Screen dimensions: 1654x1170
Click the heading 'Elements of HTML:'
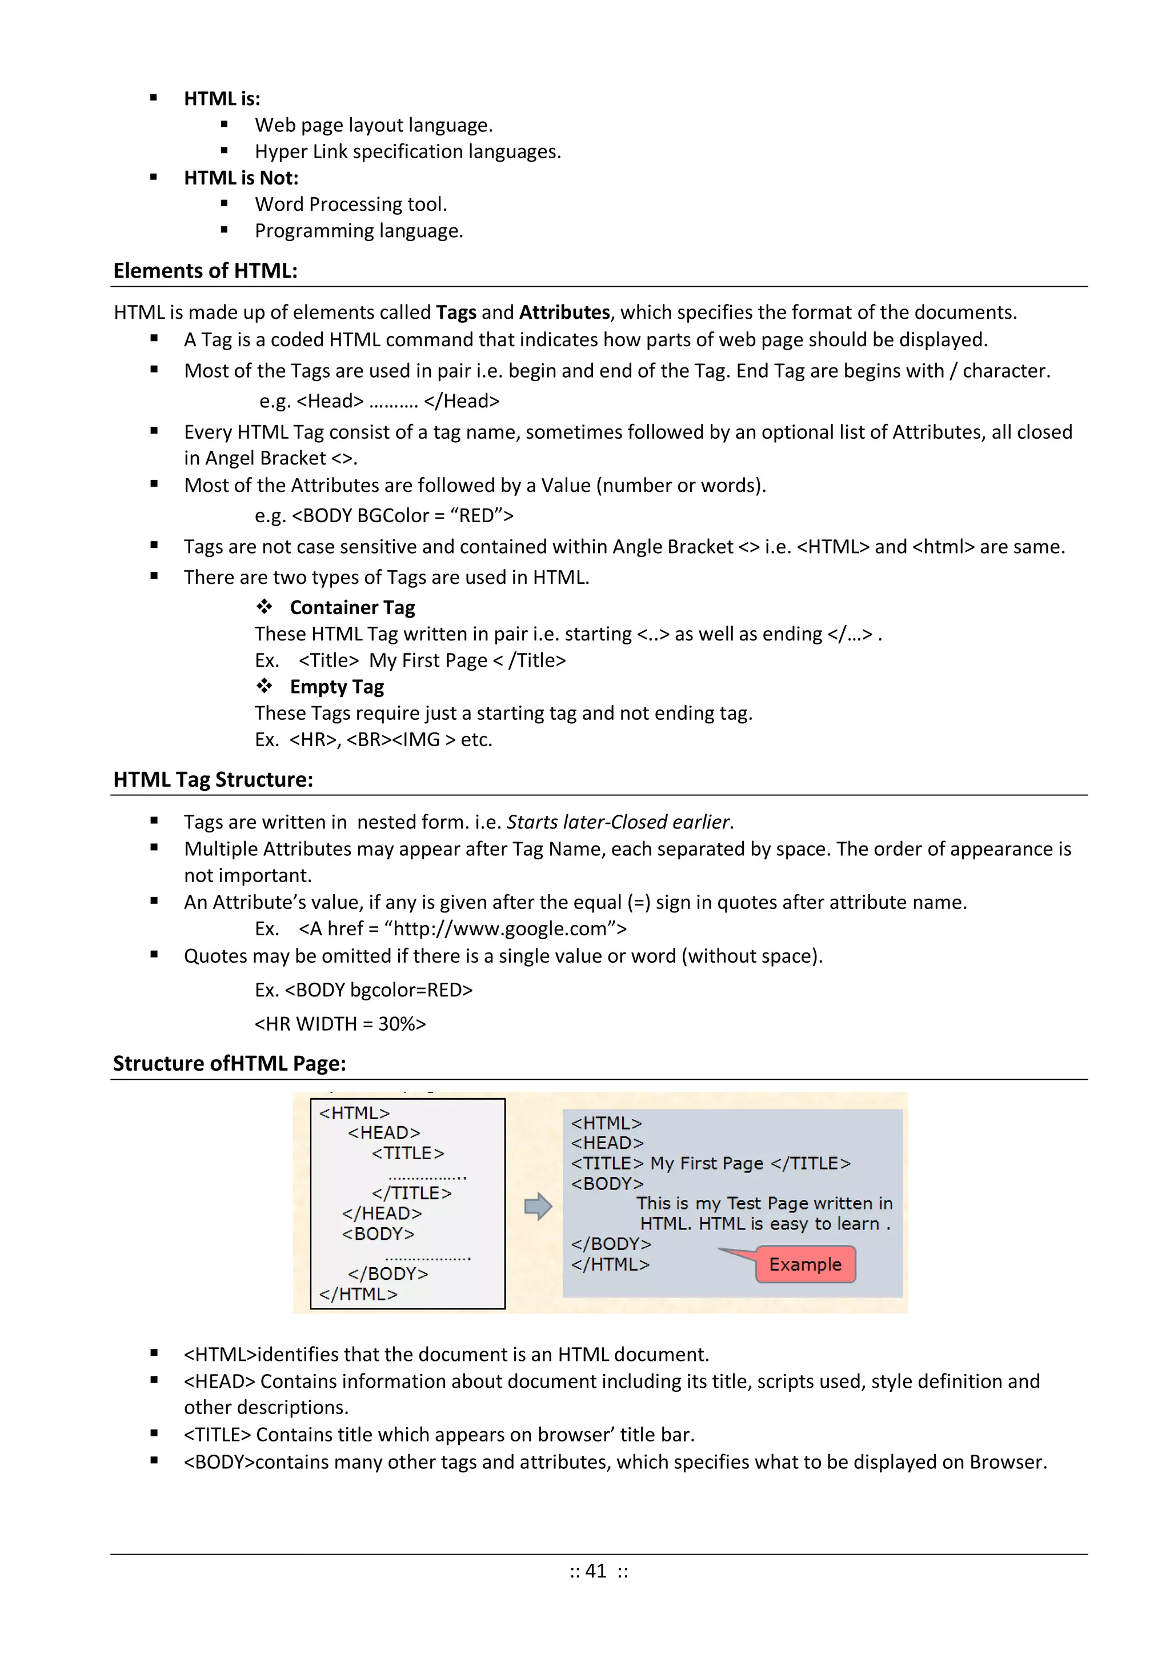[205, 271]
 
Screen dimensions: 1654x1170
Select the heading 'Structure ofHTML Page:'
[229, 1063]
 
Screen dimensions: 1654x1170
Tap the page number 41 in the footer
[596, 1571]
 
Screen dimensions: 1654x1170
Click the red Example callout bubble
[805, 1264]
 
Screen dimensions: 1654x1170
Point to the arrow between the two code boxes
[538, 1206]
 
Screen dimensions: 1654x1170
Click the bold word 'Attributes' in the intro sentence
[565, 312]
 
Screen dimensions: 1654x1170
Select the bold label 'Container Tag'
[352, 607]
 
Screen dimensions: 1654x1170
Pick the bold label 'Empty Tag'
[336, 687]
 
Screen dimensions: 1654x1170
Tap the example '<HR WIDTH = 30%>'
[340, 1024]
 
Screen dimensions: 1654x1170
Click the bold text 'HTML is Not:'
[241, 178]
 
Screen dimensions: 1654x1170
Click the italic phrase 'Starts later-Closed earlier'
[618, 822]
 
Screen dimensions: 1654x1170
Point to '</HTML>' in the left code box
[358, 1294]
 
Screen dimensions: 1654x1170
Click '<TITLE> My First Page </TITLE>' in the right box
[710, 1163]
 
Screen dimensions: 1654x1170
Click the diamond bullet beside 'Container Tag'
[265, 607]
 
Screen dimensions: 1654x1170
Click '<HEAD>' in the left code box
[384, 1132]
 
